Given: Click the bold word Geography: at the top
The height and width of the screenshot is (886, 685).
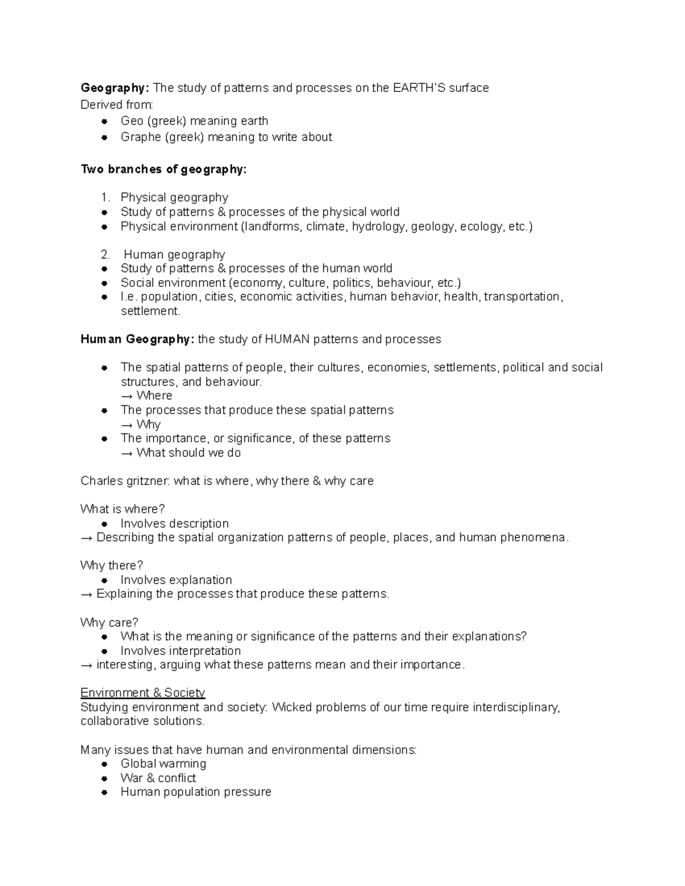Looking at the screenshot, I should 115,88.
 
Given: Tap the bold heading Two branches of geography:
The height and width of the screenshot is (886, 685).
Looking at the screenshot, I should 164,169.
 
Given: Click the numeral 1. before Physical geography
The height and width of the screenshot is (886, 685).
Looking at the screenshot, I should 104,197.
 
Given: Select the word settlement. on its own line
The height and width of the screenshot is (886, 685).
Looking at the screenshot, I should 151,311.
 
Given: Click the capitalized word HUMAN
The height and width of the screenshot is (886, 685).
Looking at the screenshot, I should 287,339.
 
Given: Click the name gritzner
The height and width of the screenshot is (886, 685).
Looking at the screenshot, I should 147,481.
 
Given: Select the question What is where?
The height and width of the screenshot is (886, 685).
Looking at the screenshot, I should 123,509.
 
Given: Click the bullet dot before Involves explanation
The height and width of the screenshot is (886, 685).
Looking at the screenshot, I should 104,580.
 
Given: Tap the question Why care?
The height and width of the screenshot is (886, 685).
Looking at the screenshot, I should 110,622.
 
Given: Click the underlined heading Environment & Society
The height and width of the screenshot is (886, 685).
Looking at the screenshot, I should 143,693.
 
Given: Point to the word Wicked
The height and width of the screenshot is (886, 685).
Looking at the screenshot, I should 291,707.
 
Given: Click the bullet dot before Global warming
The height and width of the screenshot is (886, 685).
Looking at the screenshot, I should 104,764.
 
